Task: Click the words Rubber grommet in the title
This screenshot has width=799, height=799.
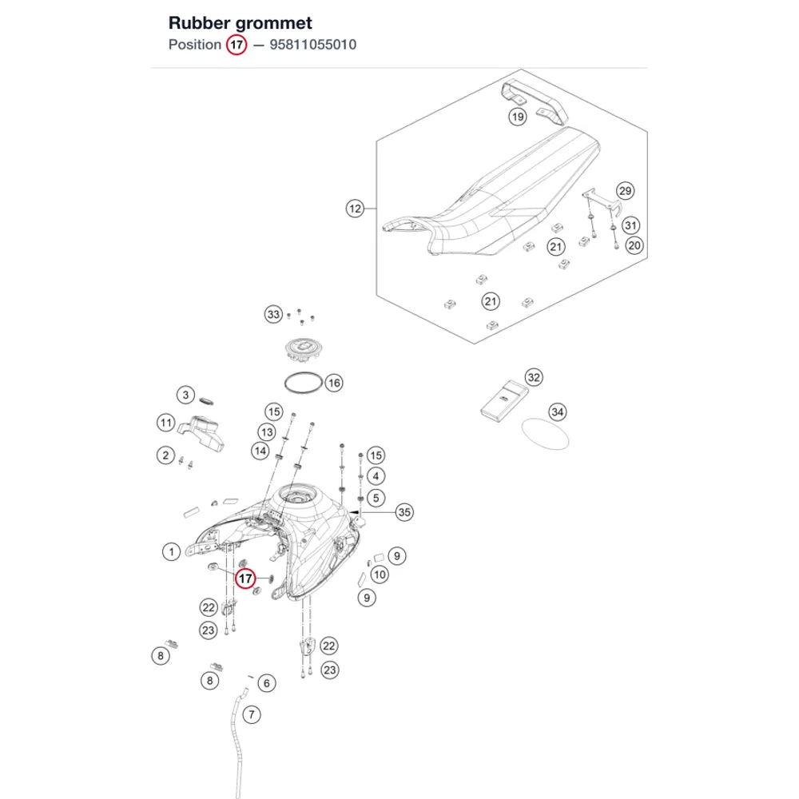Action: click(240, 23)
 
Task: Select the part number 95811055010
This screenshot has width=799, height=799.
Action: click(313, 45)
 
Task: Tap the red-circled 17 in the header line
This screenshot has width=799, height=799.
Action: click(237, 45)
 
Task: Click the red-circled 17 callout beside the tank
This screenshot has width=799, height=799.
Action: click(245, 578)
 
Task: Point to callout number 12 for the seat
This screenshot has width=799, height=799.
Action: click(356, 209)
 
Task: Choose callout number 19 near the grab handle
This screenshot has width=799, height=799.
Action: click(518, 117)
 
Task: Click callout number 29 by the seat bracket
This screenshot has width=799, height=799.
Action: click(626, 191)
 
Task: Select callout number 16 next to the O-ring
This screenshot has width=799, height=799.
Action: click(334, 383)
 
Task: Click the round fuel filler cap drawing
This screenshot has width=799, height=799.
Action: click(304, 351)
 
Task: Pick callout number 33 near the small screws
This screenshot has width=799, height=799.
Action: click(273, 314)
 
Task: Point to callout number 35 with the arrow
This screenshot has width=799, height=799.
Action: click(404, 512)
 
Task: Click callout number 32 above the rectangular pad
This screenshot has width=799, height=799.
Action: click(534, 378)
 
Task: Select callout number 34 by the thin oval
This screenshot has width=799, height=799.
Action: click(558, 412)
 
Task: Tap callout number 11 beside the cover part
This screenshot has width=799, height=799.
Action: click(166, 423)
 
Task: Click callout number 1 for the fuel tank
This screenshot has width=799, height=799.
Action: click(172, 552)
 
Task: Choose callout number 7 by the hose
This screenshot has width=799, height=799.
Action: click(251, 715)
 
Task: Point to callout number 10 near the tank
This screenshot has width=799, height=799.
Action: click(380, 575)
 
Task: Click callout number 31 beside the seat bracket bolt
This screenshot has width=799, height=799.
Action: click(631, 225)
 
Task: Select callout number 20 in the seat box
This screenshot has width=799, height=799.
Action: click(634, 245)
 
